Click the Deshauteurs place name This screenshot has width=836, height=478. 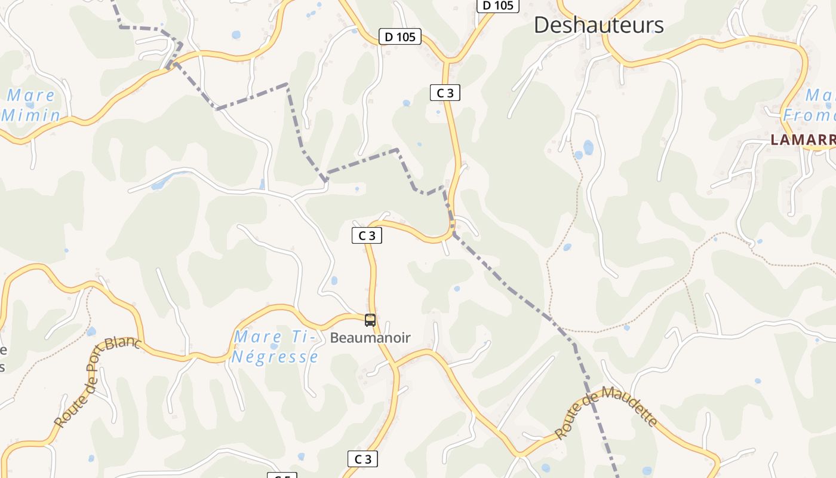point(598,25)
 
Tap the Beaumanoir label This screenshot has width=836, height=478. point(370,338)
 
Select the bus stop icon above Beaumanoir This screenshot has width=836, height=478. point(370,320)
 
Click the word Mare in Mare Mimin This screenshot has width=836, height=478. point(31,95)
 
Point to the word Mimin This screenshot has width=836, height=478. point(31,115)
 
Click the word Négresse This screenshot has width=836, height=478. point(275,357)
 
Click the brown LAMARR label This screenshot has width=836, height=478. point(803,140)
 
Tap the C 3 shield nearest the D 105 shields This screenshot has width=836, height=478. point(445,93)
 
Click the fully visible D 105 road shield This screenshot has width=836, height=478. point(400,37)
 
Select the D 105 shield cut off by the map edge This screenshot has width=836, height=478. point(497,5)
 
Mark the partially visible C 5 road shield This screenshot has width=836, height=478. point(282,476)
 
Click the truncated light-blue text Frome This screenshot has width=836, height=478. point(809,115)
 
